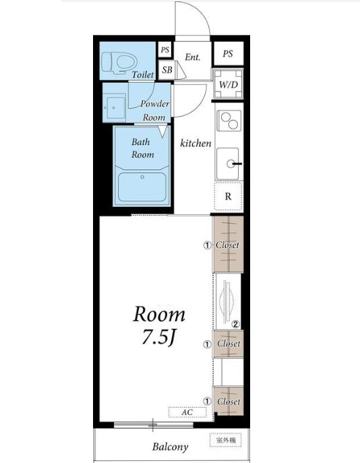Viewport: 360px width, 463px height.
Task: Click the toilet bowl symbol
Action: [x=119, y=62]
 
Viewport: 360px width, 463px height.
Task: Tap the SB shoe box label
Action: [x=167, y=69]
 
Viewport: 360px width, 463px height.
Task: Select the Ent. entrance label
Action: [x=193, y=57]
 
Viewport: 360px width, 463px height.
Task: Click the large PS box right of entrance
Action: [x=229, y=53]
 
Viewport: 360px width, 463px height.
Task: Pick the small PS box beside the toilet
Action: [x=165, y=50]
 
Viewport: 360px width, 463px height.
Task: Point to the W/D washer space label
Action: [x=229, y=85]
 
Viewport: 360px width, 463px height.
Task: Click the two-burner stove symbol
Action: [x=229, y=121]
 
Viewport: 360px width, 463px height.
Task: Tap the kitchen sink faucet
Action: [x=234, y=163]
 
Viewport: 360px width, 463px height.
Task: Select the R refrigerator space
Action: [x=229, y=196]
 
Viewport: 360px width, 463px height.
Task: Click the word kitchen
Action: [x=196, y=143]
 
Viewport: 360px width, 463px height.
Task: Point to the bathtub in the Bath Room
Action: [x=142, y=187]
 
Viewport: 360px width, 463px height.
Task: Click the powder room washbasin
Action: [x=115, y=107]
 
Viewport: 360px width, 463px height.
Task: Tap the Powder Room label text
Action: [x=155, y=111]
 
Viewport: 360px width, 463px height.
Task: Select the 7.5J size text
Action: [x=159, y=337]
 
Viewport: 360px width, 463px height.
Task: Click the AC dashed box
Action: [x=187, y=412]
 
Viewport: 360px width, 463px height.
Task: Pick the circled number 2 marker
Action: [x=236, y=325]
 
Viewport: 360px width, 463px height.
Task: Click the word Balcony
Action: [x=170, y=447]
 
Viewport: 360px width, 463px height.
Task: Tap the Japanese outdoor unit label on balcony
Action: [x=226, y=440]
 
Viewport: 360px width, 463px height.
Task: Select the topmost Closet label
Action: [x=227, y=245]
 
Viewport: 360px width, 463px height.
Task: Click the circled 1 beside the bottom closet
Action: [x=208, y=401]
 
